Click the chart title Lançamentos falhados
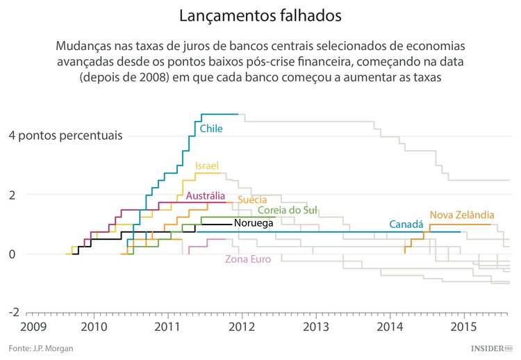click(x=260, y=15)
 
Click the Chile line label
click(x=211, y=129)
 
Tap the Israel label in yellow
click(x=207, y=166)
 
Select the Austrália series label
click(x=205, y=195)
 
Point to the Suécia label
click(x=252, y=199)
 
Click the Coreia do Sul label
click(x=288, y=210)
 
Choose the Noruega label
click(x=253, y=223)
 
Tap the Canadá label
click(x=406, y=224)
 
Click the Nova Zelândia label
click(x=462, y=215)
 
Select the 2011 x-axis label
click(x=167, y=326)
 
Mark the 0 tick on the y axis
click(x=13, y=254)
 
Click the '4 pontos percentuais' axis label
click(x=65, y=135)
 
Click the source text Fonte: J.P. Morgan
click(x=41, y=348)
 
